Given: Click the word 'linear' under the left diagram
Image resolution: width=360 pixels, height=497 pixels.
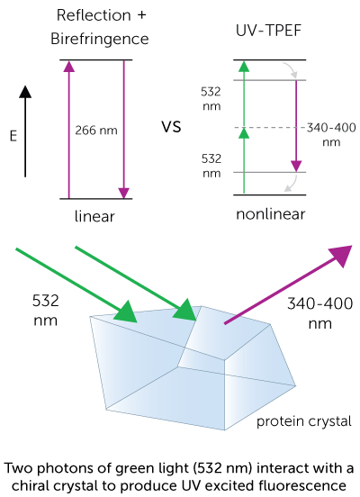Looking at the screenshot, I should point(95,218).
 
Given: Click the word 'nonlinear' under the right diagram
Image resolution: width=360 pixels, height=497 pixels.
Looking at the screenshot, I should point(271,214).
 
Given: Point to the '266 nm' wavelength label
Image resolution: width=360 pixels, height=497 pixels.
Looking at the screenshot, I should point(95,130).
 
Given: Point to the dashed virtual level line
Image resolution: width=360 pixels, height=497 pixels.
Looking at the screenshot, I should point(270,128).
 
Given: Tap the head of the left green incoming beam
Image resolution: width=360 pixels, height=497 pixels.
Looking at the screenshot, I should point(126,312).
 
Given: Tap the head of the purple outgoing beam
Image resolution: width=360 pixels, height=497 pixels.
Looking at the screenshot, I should point(339,256).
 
